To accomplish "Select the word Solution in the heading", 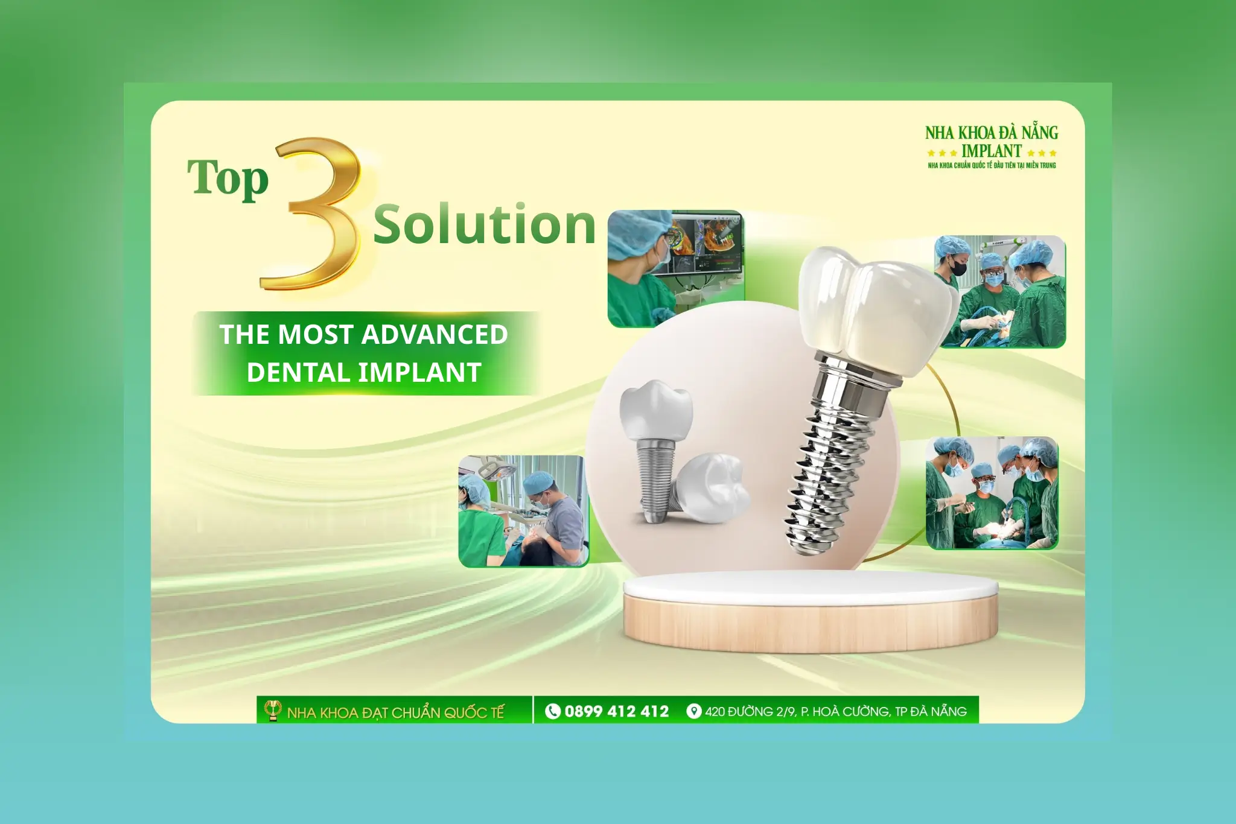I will click(485, 224).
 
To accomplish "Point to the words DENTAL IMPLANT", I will click(364, 372).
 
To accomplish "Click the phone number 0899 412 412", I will click(616, 711).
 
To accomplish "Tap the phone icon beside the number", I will click(552, 711).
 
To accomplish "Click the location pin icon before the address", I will click(694, 711).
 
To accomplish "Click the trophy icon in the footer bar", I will click(273, 710).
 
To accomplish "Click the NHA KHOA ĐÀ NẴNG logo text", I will click(992, 133).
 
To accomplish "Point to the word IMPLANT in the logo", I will click(992, 151).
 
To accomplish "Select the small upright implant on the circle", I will click(655, 446).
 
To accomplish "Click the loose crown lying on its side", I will click(712, 489).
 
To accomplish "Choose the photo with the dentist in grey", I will click(523, 512).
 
